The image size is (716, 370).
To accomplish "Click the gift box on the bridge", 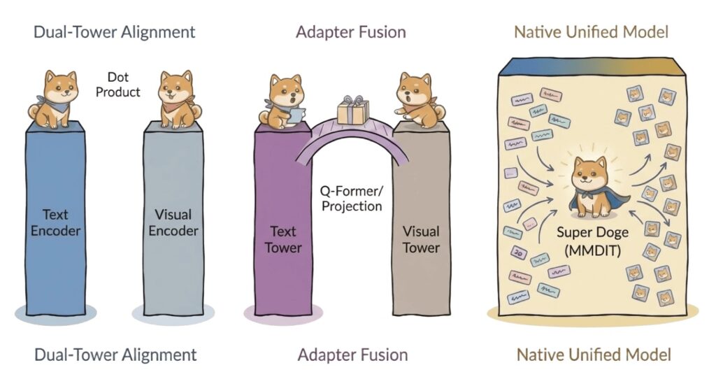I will (x=351, y=112).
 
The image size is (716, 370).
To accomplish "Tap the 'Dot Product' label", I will (x=124, y=85).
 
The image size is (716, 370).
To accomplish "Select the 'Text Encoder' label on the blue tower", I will (x=55, y=222).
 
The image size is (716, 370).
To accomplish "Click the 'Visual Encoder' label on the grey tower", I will (x=173, y=222).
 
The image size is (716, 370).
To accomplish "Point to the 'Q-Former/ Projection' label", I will (x=352, y=198).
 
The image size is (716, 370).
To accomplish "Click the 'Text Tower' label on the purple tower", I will (x=282, y=239).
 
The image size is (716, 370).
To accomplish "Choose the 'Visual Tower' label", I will (x=421, y=239).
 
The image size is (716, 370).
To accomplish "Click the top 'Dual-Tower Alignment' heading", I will (x=115, y=31).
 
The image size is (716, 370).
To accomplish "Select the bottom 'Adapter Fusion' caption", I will (x=351, y=354).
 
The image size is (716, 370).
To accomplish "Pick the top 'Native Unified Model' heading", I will (x=591, y=31).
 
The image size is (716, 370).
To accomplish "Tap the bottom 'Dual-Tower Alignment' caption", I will (x=115, y=354).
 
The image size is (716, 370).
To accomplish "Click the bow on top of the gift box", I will (x=351, y=101).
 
